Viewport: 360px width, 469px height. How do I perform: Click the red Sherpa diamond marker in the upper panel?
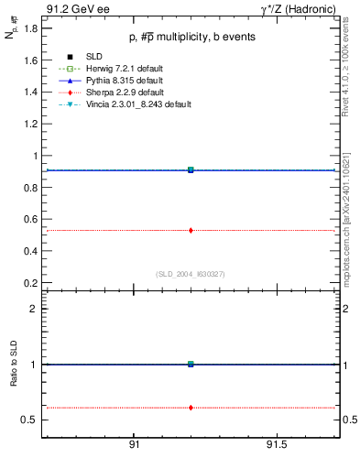(191, 230)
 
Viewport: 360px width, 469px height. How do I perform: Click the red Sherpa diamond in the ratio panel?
(191, 407)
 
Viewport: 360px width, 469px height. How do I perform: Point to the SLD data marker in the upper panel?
(191, 169)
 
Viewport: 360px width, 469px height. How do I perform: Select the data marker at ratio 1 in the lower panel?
(191, 364)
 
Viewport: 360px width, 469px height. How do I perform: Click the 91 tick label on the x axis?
(134, 444)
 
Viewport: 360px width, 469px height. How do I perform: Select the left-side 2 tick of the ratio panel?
(34, 309)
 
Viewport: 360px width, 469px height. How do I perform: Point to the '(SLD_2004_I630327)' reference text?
(191, 272)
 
